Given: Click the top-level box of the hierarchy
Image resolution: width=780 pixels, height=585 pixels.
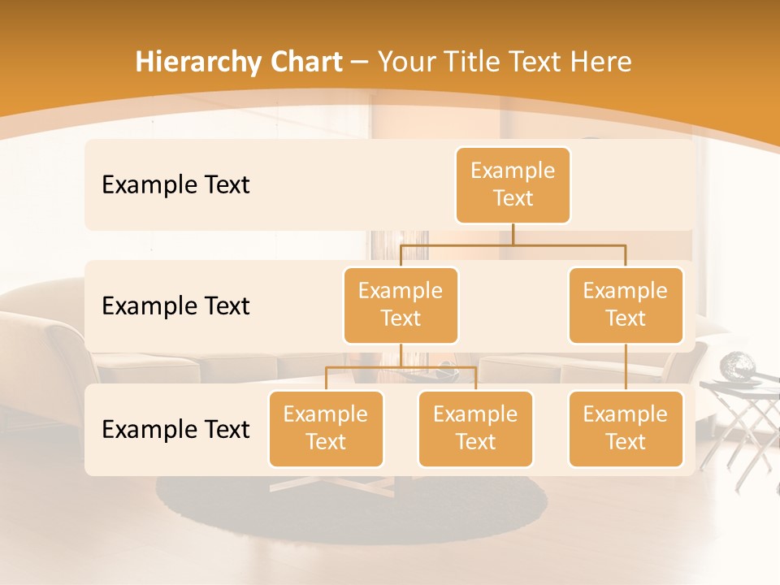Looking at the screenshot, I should pyautogui.click(x=513, y=185).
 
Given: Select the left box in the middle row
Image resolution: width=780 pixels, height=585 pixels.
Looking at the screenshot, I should pyautogui.click(x=401, y=305).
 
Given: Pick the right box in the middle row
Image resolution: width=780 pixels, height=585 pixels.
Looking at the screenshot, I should pyautogui.click(x=626, y=305).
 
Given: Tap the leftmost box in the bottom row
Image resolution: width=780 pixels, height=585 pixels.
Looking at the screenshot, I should pyautogui.click(x=326, y=429).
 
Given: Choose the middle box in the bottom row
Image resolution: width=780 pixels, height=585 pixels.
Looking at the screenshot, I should pyautogui.click(x=475, y=429).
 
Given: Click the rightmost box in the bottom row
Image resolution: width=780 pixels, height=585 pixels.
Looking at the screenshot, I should pyautogui.click(x=626, y=429).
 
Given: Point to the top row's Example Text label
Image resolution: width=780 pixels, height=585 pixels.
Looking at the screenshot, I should pyautogui.click(x=175, y=185).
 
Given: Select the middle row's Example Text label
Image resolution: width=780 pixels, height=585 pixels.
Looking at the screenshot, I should pyautogui.click(x=175, y=306).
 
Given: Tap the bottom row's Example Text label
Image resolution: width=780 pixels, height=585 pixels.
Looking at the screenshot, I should pyautogui.click(x=175, y=430).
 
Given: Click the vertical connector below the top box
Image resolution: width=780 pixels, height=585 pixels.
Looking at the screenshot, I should pyautogui.click(x=513, y=234).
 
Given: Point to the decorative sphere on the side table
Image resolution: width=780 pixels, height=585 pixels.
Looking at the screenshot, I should pyautogui.click(x=741, y=365).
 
